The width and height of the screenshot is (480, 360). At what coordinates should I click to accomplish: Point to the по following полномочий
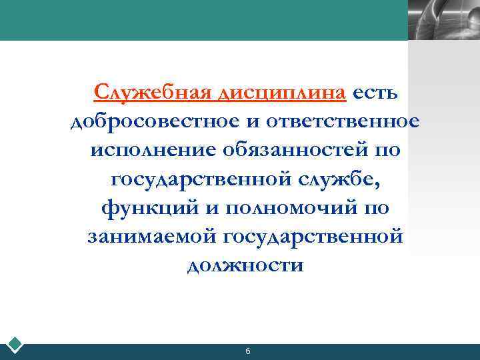375,208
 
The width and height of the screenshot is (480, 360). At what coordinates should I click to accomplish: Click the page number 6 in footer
248,351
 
